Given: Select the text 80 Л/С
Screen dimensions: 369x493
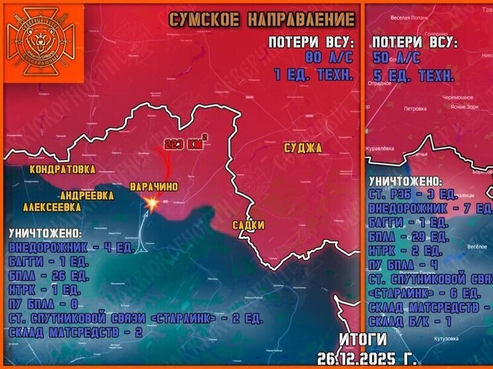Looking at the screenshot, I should (x=324, y=58).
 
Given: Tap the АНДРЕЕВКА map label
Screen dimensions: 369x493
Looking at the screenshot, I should (x=87, y=195).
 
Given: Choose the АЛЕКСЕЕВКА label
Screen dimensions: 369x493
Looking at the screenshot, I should (x=52, y=207).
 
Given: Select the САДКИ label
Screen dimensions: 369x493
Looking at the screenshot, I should (x=248, y=225).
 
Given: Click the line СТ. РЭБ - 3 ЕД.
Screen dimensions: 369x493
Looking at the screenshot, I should (x=413, y=195).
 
